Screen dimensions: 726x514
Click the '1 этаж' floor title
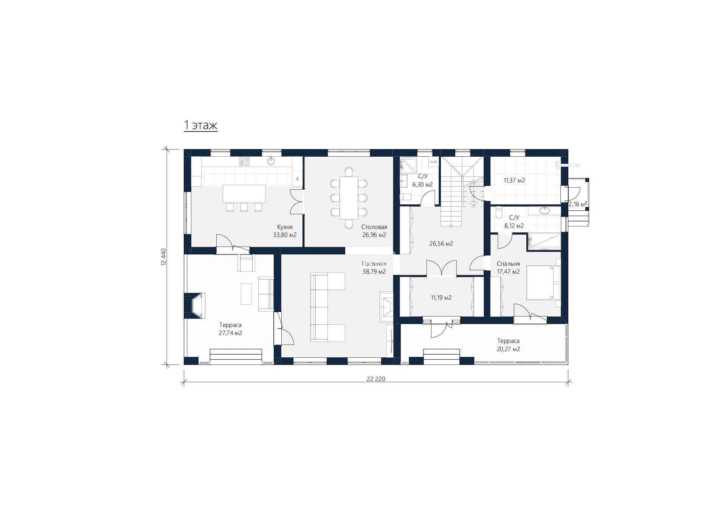(x=200, y=125)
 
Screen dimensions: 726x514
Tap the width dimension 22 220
(x=375, y=379)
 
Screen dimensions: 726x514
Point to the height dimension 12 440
(x=163, y=257)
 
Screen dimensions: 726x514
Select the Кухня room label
(x=285, y=227)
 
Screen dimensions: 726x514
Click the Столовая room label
(x=374, y=227)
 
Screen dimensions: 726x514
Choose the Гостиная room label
(x=374, y=264)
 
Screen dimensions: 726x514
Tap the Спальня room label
(x=508, y=264)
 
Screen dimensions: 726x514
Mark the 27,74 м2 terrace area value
(x=230, y=333)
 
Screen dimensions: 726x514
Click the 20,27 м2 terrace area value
(x=508, y=349)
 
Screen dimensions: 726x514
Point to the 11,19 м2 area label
(x=441, y=298)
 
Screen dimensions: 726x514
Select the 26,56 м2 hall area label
(x=441, y=244)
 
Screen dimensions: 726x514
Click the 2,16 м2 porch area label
(x=578, y=204)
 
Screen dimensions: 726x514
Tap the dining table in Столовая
(x=349, y=198)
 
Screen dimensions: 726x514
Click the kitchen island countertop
(x=244, y=193)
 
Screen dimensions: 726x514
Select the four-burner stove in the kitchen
(x=244, y=161)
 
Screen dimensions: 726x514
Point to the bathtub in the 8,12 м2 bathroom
(x=544, y=241)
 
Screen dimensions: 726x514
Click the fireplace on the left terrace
(x=195, y=305)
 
